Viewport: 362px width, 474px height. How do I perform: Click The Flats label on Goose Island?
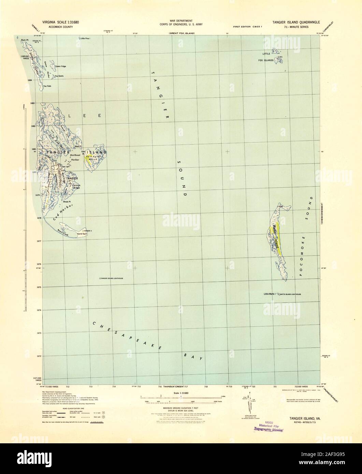pos(47,86)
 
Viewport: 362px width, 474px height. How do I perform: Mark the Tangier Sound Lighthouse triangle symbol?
pos(100,279)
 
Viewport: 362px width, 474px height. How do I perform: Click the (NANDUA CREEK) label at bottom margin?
pos(173,387)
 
